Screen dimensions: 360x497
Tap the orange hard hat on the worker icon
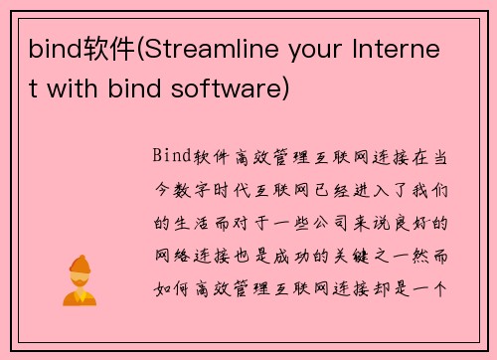[x=78, y=262]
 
